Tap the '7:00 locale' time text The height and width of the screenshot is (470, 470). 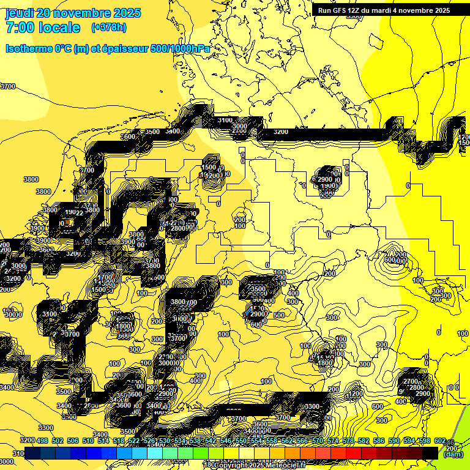coord(43,28)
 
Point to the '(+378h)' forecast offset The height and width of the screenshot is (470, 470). coord(109,28)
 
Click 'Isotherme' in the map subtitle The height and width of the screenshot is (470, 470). coord(28,48)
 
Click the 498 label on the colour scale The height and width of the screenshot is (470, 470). coord(42,441)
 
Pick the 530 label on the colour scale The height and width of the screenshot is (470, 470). coord(164,441)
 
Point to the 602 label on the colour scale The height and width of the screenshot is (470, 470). coord(439,441)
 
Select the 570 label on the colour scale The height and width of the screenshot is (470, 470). coord(317,441)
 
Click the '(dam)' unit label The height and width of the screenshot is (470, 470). coord(453,455)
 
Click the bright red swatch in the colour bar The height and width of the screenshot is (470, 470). coord(353,453)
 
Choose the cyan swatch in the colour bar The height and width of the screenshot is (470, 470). coord(154,453)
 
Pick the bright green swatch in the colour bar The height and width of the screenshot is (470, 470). coord(200,453)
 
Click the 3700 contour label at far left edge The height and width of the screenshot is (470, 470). coord(7,87)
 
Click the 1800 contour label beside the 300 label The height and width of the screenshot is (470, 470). coord(325,363)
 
